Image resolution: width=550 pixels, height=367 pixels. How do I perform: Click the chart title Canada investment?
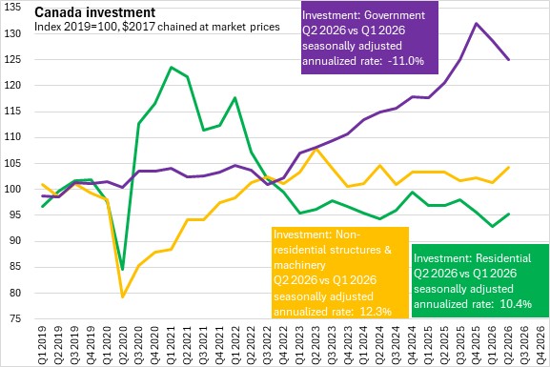(94, 12)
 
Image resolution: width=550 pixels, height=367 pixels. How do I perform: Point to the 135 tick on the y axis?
(12, 8)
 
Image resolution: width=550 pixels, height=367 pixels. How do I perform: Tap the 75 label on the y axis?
(14, 319)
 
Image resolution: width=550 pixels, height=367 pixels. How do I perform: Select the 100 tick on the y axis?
(12, 189)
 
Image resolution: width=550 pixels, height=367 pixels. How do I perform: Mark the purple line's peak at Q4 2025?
(476, 24)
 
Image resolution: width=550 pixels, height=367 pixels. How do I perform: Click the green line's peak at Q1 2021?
(171, 67)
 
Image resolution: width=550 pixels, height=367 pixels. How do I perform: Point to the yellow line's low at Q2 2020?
(123, 296)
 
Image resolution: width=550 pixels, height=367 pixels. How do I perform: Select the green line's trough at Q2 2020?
(123, 269)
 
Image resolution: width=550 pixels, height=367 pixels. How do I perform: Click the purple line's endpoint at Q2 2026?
(508, 60)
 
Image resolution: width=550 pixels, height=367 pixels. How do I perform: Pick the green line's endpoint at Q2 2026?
(508, 214)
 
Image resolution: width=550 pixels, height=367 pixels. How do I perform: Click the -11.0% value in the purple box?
(406, 61)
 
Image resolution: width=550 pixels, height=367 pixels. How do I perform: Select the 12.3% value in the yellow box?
(376, 312)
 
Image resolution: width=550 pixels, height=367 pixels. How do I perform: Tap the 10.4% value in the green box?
(516, 303)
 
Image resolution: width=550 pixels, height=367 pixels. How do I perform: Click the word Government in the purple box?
(395, 15)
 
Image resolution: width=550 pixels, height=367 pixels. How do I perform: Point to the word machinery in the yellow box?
(299, 265)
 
